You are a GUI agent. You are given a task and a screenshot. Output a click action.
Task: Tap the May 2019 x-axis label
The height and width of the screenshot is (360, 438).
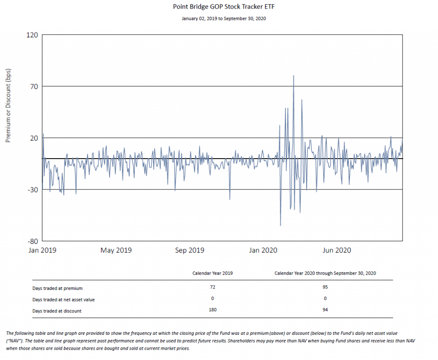click(116, 251)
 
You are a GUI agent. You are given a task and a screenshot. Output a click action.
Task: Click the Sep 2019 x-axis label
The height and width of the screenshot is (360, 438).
click(190, 251)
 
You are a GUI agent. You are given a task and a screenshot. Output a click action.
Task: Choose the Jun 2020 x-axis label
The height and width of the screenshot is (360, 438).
click(336, 251)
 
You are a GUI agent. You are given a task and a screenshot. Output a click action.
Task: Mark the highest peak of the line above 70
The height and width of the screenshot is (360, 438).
click(293, 76)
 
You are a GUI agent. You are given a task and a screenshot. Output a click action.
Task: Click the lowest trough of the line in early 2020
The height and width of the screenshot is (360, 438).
click(280, 225)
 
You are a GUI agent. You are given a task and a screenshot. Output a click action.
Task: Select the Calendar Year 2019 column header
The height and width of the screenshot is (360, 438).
click(213, 273)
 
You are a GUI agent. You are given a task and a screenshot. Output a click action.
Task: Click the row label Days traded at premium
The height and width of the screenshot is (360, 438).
click(57, 288)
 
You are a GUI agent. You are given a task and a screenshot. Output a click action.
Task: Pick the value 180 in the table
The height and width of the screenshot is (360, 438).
click(213, 310)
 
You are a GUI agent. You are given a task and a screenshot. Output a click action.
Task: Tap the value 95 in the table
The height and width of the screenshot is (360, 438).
click(326, 287)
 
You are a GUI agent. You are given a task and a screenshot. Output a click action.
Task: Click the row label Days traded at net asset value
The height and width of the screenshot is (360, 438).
click(63, 300)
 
